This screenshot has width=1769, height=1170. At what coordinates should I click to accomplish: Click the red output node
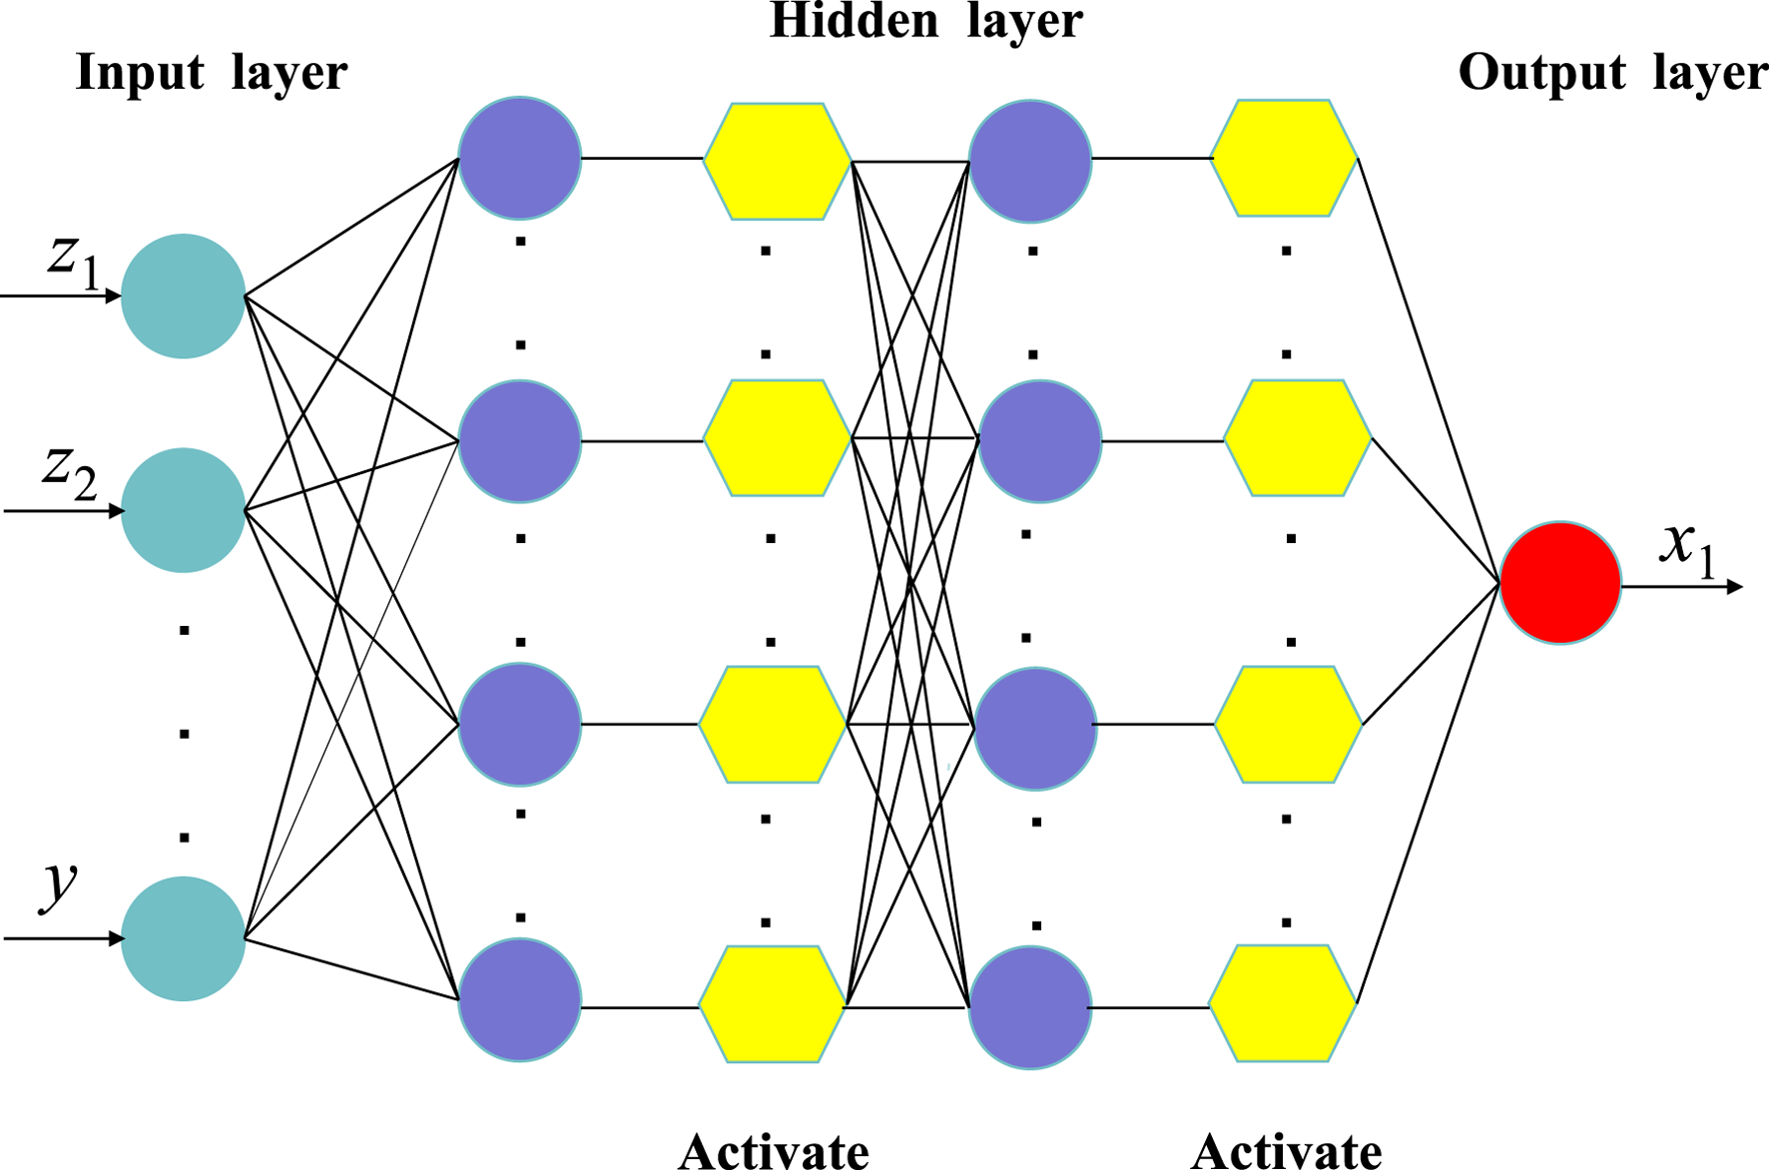pyautogui.click(x=1559, y=583)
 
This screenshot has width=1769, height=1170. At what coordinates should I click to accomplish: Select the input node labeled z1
pyautogui.click(x=183, y=296)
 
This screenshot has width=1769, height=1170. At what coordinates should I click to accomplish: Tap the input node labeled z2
pyautogui.click(x=183, y=510)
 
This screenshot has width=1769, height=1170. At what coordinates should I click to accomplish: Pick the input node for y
pyautogui.click(x=183, y=938)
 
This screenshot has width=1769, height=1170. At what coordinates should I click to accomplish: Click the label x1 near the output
pyautogui.click(x=1687, y=548)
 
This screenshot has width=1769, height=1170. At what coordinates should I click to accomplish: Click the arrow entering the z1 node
pyautogui.click(x=60, y=295)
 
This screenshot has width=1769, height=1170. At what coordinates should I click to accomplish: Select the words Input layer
pyautogui.click(x=211, y=73)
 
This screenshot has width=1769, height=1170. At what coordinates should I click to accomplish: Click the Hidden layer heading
pyautogui.click(x=925, y=22)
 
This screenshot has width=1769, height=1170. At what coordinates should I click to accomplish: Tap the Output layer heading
pyautogui.click(x=1611, y=73)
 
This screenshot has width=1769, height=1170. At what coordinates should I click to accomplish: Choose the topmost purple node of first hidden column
pyautogui.click(x=519, y=158)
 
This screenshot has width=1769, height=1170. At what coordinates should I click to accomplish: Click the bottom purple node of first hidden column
pyautogui.click(x=519, y=999)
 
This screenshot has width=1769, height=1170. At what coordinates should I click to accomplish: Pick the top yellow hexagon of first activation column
pyautogui.click(x=777, y=161)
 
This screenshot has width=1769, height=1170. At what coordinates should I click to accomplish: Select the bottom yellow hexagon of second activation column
pyautogui.click(x=1283, y=1002)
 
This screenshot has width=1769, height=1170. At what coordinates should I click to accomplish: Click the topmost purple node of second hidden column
pyautogui.click(x=1030, y=161)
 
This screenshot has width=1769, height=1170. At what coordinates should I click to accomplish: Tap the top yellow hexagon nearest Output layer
pyautogui.click(x=1284, y=158)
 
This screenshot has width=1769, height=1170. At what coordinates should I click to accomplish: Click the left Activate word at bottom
pyautogui.click(x=774, y=1151)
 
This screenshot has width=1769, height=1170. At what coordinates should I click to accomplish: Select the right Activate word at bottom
pyautogui.click(x=1286, y=1151)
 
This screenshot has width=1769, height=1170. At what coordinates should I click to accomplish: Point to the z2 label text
pyautogui.click(x=69, y=471)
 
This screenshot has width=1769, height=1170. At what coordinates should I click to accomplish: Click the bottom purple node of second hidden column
pyautogui.click(x=1030, y=1007)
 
